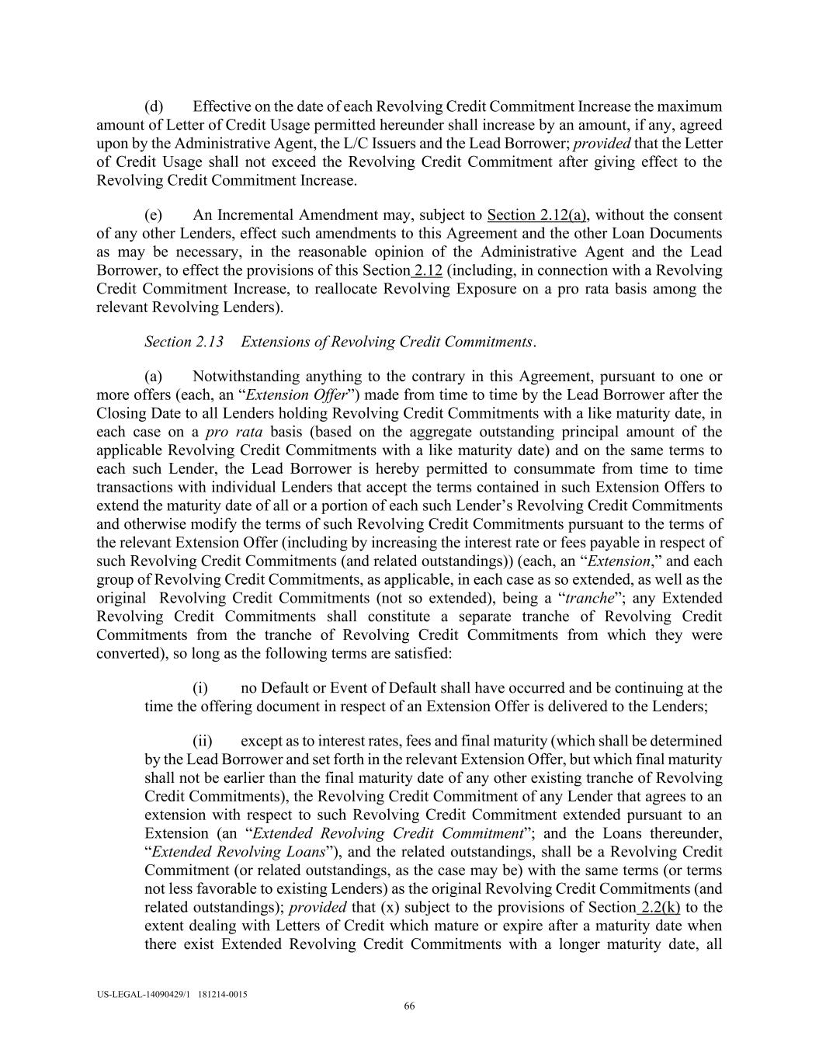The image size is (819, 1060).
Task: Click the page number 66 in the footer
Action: [409, 1006]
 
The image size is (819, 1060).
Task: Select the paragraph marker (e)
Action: [154, 215]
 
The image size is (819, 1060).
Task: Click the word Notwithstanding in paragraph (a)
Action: [242, 377]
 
